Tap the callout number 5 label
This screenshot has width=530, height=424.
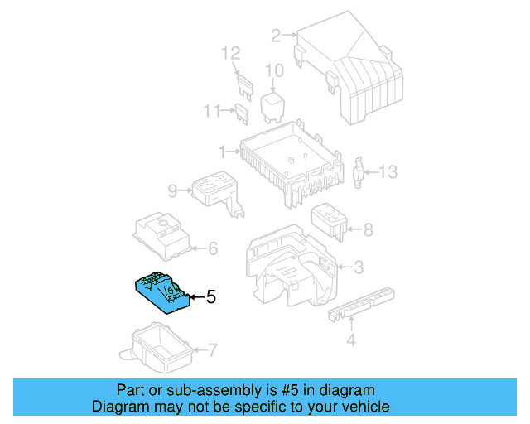[210, 296]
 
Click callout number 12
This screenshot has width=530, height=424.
[230, 54]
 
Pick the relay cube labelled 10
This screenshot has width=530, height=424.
[273, 108]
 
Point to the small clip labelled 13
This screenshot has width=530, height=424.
[359, 171]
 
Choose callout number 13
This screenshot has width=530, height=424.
[388, 172]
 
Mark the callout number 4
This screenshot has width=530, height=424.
[350, 340]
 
